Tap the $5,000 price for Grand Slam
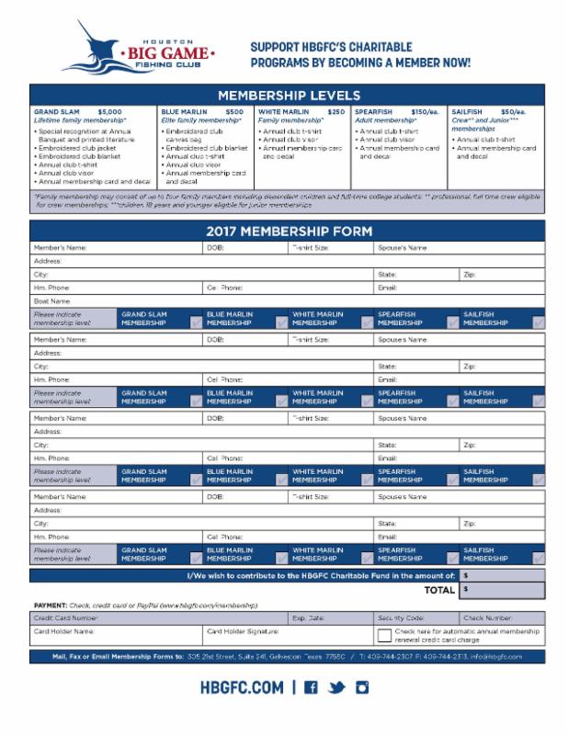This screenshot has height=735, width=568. click(x=109, y=111)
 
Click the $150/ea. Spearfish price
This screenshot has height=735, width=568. click(x=425, y=111)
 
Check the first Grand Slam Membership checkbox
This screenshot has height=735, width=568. click(x=197, y=322)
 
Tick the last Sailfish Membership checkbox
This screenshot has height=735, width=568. click(x=539, y=557)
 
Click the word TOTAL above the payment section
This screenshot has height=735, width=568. click(x=438, y=590)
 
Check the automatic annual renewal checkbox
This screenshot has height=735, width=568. click(x=384, y=635)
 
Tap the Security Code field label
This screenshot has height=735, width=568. click(x=401, y=618)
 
